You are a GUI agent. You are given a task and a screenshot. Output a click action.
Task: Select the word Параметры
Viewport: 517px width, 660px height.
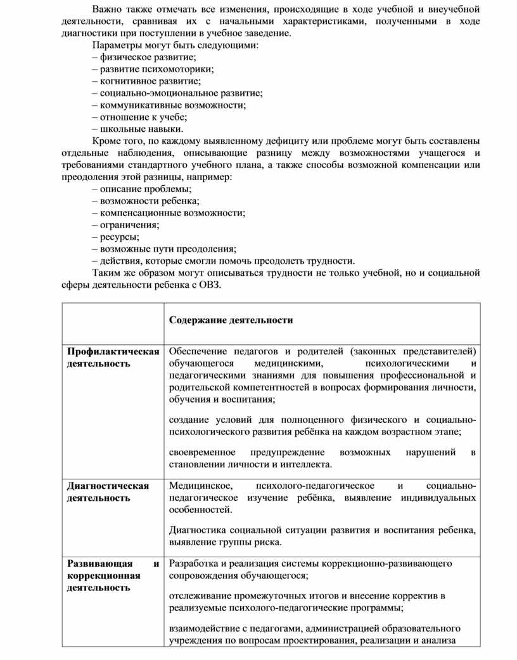pos(114,46)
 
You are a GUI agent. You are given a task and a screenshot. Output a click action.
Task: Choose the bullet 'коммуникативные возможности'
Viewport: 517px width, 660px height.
pos(169,105)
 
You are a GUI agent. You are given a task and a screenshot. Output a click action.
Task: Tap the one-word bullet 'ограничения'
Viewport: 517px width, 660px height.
pos(125,224)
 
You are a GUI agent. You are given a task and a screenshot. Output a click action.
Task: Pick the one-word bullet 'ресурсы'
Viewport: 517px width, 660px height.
pos(115,236)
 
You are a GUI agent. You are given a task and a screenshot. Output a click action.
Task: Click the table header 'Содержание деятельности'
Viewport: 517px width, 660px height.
pos(231,320)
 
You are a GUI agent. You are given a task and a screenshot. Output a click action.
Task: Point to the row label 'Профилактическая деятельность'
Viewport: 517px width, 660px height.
pos(113,358)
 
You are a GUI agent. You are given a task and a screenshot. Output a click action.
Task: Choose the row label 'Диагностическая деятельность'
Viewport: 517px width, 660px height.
pos(108,491)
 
